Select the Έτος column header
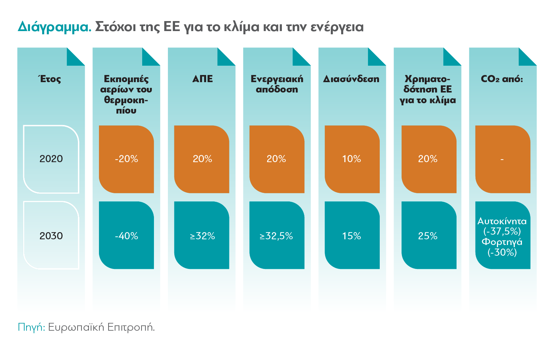pyautogui.click(x=50, y=79)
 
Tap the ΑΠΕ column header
pyautogui.click(x=202, y=79)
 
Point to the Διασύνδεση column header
pyautogui.click(x=351, y=79)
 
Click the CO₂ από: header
pyautogui.click(x=502, y=79)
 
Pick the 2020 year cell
pyautogui.click(x=51, y=159)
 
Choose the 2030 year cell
pyautogui.click(x=51, y=236)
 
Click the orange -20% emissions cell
pyautogui.click(x=126, y=159)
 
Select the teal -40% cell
pyautogui.click(x=126, y=236)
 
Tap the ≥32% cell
pyautogui.click(x=202, y=236)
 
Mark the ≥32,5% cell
pyautogui.click(x=276, y=236)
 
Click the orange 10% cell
pyautogui.click(x=352, y=159)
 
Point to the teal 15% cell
pyautogui.click(x=352, y=236)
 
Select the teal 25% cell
pyautogui.click(x=428, y=236)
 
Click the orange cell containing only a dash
pyautogui.click(x=502, y=159)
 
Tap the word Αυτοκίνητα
pyautogui.click(x=502, y=221)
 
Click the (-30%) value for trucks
pyautogui.click(x=502, y=252)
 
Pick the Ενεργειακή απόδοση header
pyautogui.click(x=277, y=84)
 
